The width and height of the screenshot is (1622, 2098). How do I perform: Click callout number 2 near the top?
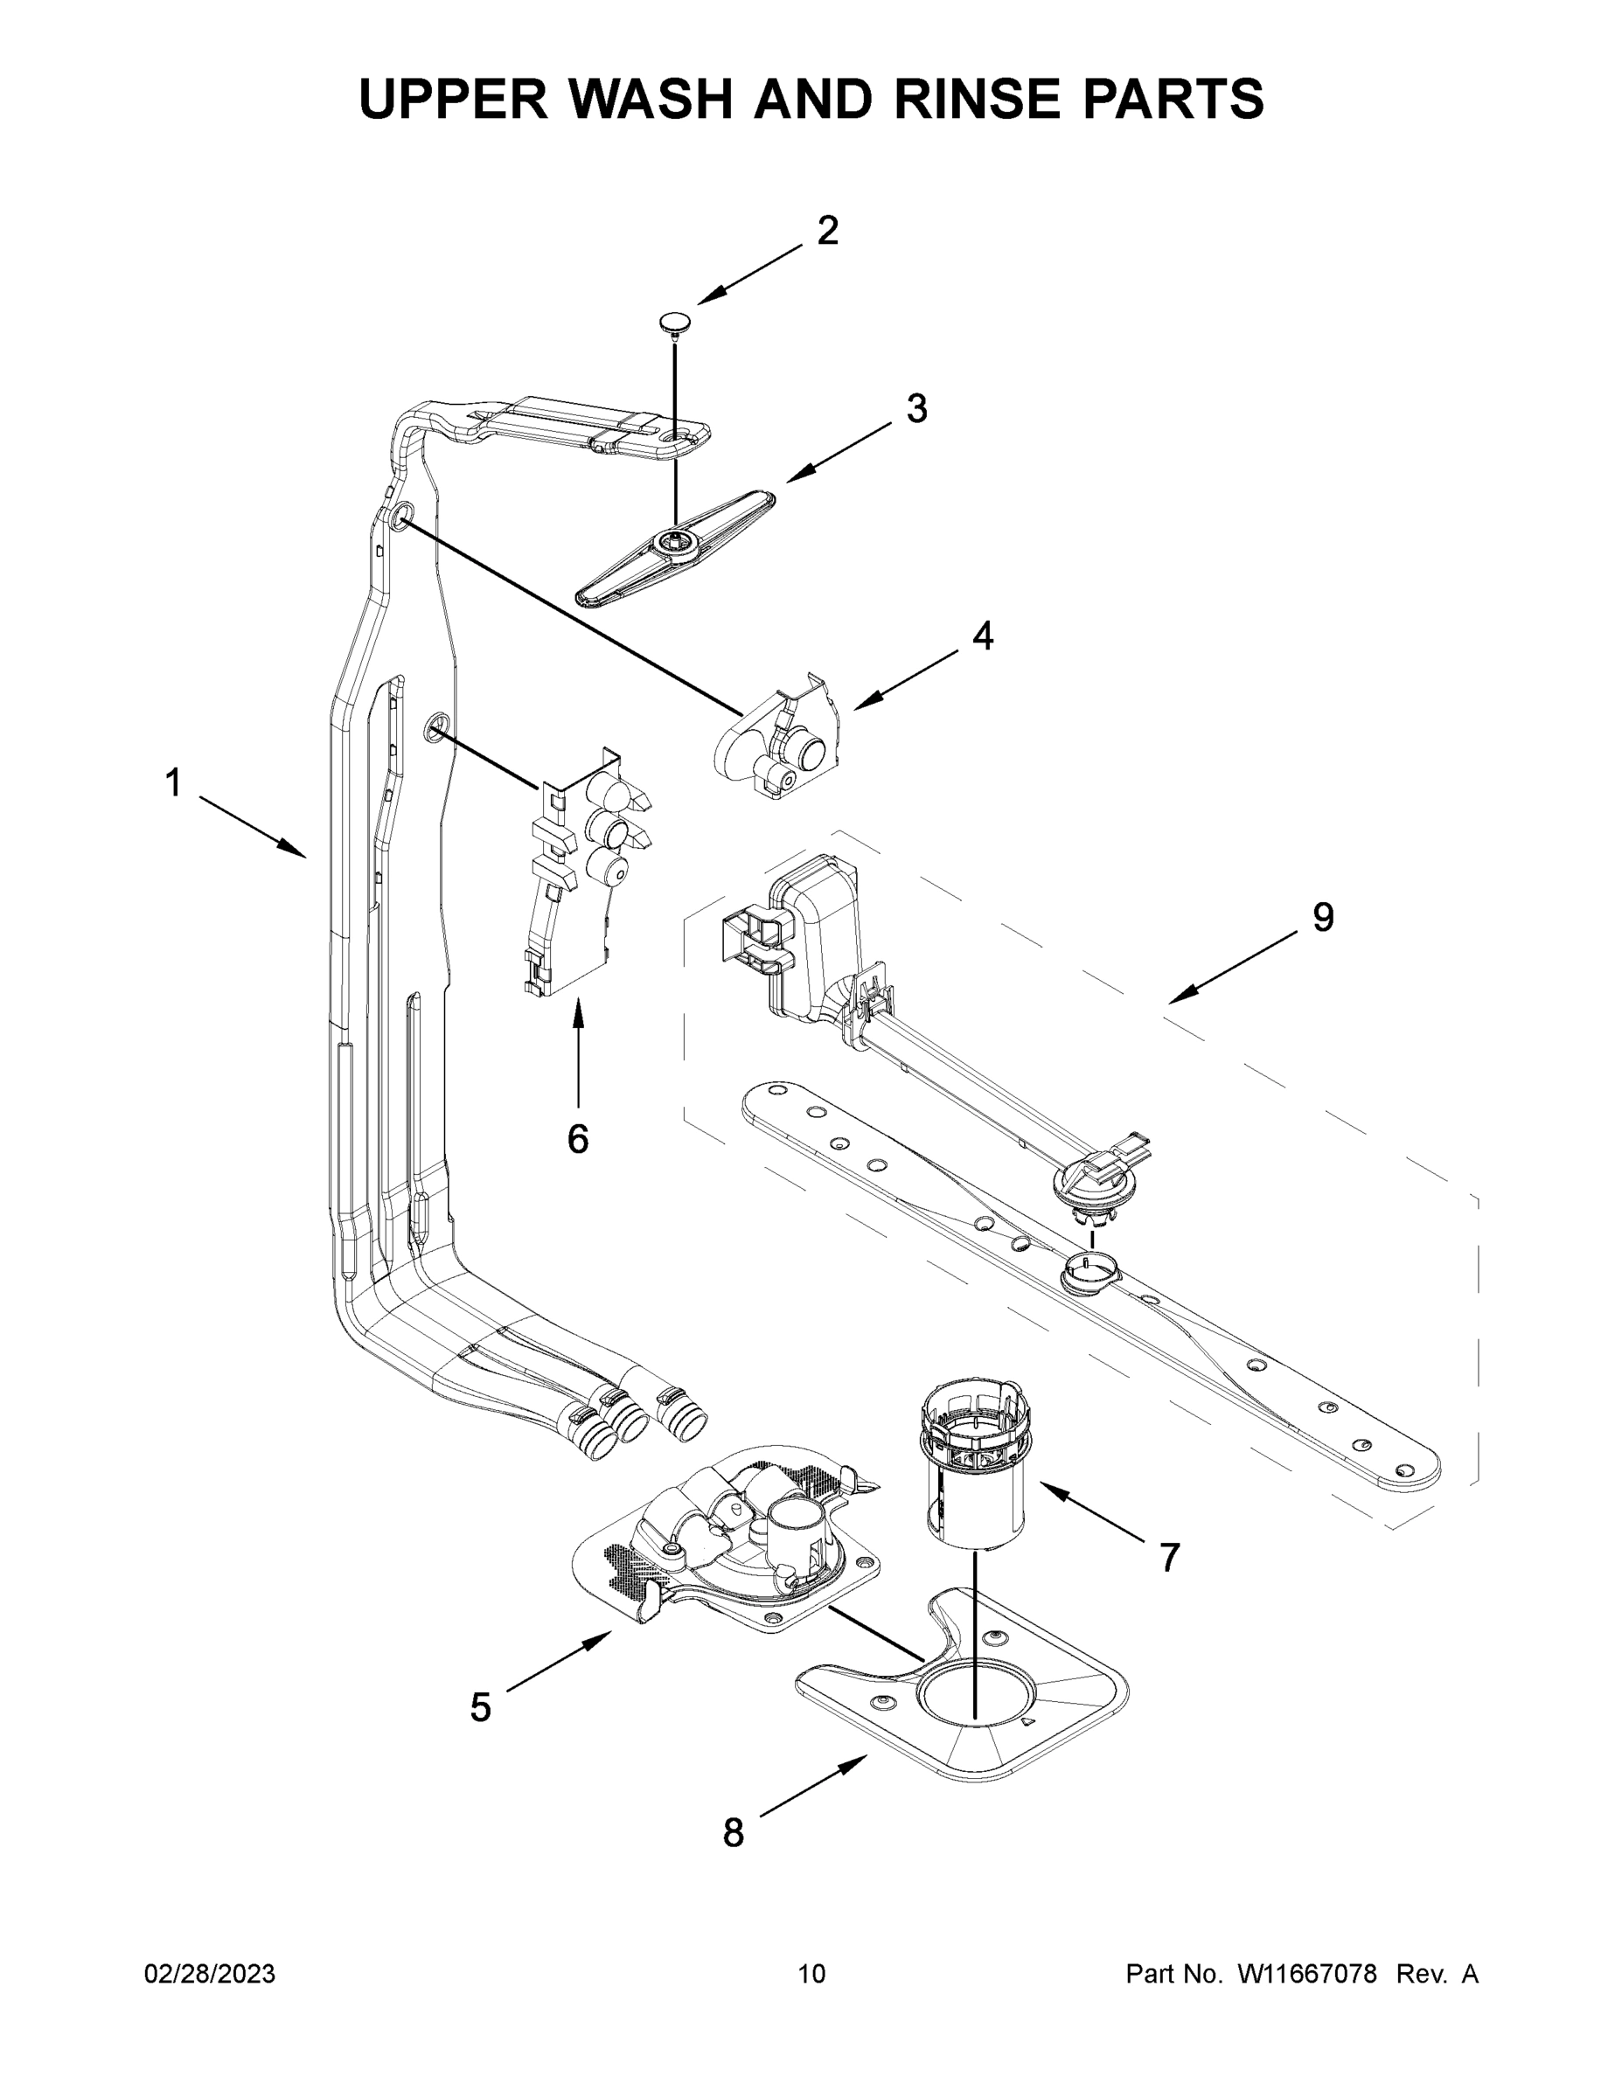click(x=827, y=231)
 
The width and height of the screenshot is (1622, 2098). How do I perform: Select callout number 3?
click(x=916, y=408)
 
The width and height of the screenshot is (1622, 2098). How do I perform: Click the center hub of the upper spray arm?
click(x=666, y=544)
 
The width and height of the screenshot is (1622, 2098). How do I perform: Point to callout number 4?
click(x=982, y=636)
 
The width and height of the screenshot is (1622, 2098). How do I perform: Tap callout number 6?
click(x=577, y=1139)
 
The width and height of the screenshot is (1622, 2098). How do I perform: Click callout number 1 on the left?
click(x=173, y=783)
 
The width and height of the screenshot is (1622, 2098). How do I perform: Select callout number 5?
click(x=480, y=1708)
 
